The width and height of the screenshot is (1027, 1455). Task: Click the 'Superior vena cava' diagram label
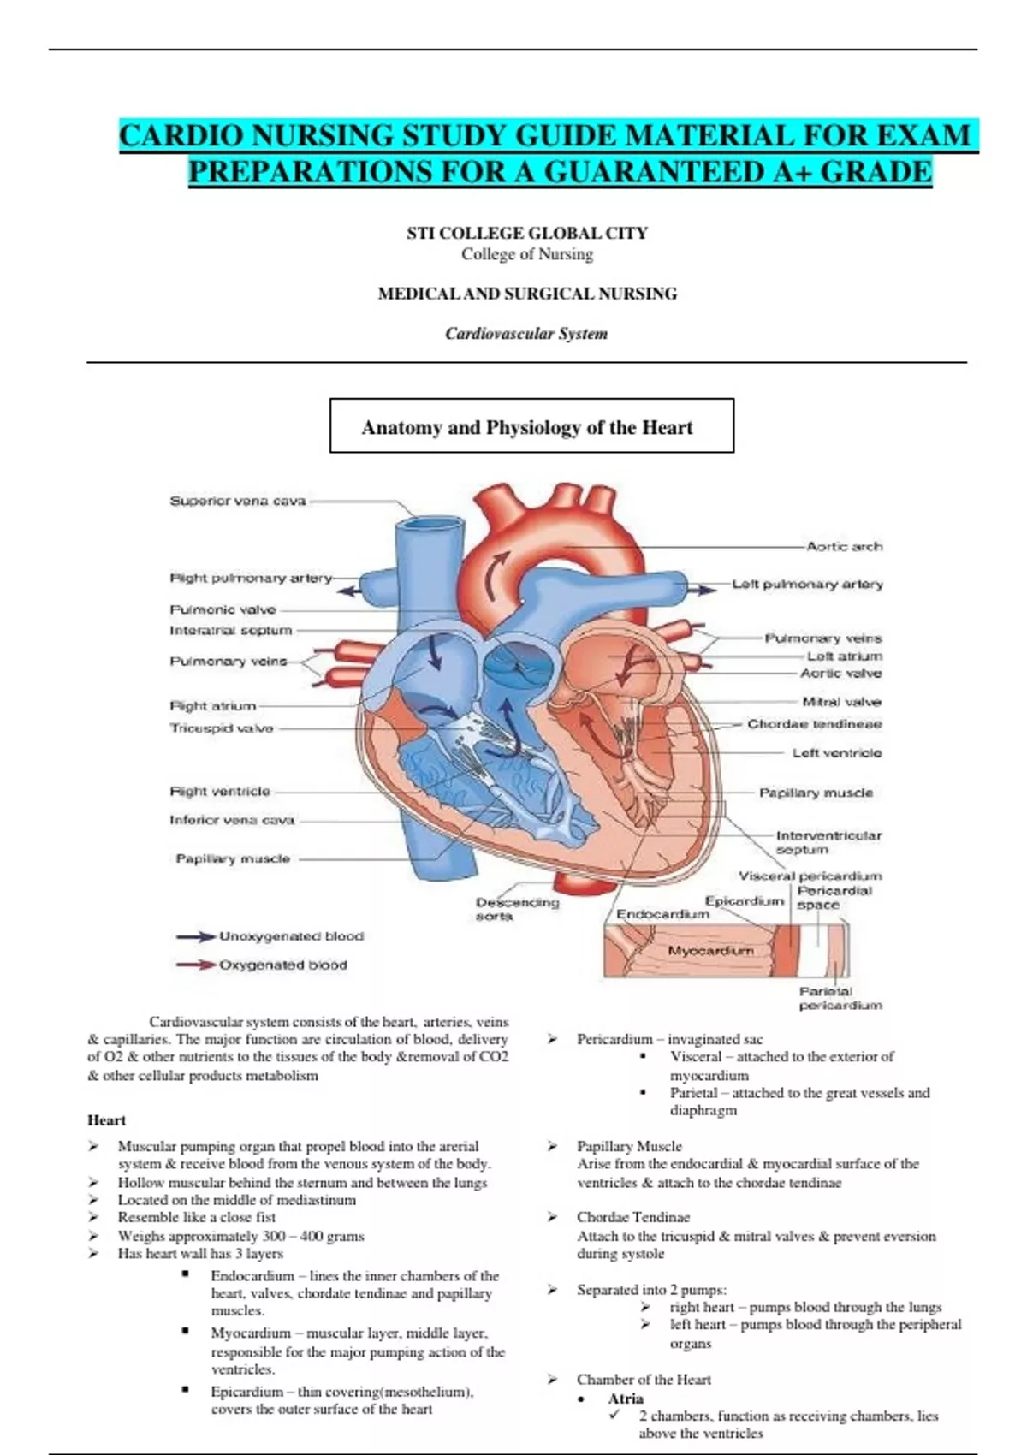point(237,501)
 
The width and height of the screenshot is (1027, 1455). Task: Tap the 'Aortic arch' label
point(844,546)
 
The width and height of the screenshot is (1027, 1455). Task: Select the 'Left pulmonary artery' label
point(807,584)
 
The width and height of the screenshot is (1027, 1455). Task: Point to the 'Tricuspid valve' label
point(222,728)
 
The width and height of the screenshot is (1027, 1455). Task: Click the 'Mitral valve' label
point(841,702)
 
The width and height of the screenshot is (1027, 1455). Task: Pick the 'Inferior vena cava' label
point(232,820)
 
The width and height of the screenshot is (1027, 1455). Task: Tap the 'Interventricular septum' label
point(828,842)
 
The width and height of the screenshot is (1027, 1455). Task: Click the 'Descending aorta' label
point(517,909)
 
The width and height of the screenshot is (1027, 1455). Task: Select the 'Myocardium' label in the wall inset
point(710,951)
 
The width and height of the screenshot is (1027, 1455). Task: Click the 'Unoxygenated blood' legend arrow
point(196,937)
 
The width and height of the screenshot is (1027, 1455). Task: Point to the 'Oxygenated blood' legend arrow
point(196,965)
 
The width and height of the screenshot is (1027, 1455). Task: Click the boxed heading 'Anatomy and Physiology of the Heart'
point(527,427)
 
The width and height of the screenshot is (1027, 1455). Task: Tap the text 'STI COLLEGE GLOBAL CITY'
point(527,233)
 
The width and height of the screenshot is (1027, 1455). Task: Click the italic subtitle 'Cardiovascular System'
point(526,334)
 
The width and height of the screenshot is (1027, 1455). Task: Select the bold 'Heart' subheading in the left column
point(106,1120)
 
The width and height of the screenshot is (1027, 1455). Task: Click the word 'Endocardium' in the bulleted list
point(252,1275)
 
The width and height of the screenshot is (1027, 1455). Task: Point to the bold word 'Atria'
point(626,1399)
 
